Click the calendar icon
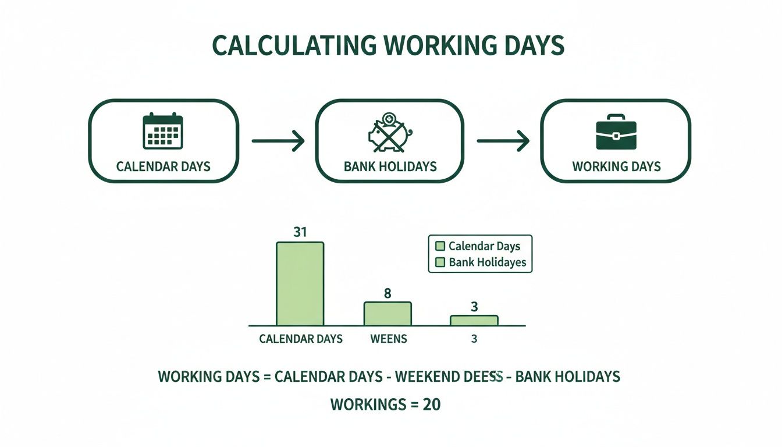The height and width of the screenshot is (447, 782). (x=163, y=131)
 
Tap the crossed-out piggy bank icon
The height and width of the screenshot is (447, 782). (x=389, y=132)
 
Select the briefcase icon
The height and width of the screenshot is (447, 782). (x=616, y=132)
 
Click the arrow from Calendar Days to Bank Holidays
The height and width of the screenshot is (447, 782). (x=278, y=141)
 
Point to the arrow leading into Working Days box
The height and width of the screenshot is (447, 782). (x=503, y=141)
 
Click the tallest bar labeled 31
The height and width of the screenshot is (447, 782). (x=300, y=283)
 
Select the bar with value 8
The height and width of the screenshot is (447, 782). (x=388, y=314)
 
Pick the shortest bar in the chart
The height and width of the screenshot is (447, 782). (x=474, y=320)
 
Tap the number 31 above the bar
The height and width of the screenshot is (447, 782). (x=300, y=232)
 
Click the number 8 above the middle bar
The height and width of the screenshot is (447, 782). (x=388, y=293)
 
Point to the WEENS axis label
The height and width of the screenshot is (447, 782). (x=389, y=339)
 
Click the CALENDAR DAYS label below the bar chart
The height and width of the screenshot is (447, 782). (x=301, y=339)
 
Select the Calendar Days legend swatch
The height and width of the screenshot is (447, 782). (x=439, y=246)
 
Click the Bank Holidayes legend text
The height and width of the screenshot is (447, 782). (x=487, y=262)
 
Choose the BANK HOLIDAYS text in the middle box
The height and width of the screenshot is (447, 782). (x=390, y=166)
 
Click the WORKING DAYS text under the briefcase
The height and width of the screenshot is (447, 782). (x=616, y=166)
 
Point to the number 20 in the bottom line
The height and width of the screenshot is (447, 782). (x=431, y=404)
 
